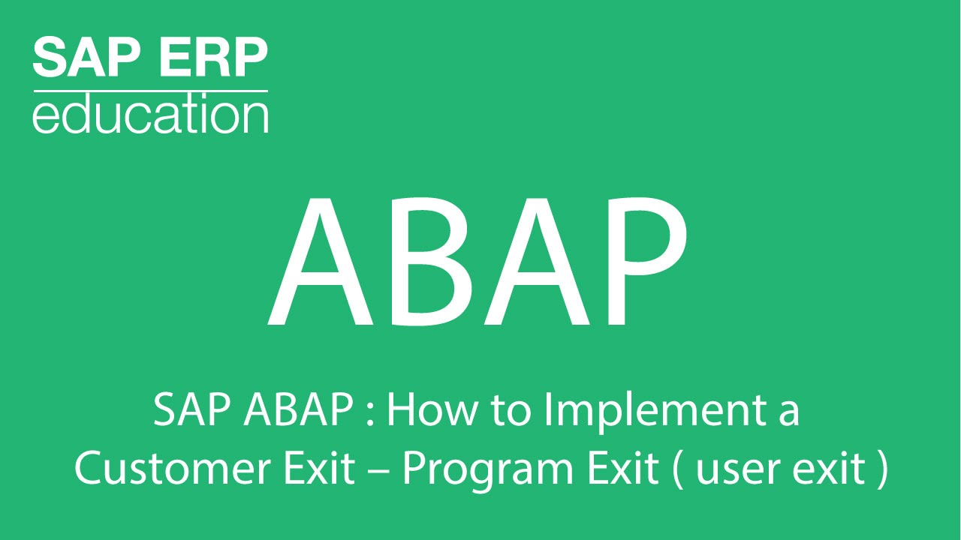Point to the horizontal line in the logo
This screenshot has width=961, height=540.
[x=150, y=91]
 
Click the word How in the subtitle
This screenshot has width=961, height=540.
[x=429, y=411]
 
